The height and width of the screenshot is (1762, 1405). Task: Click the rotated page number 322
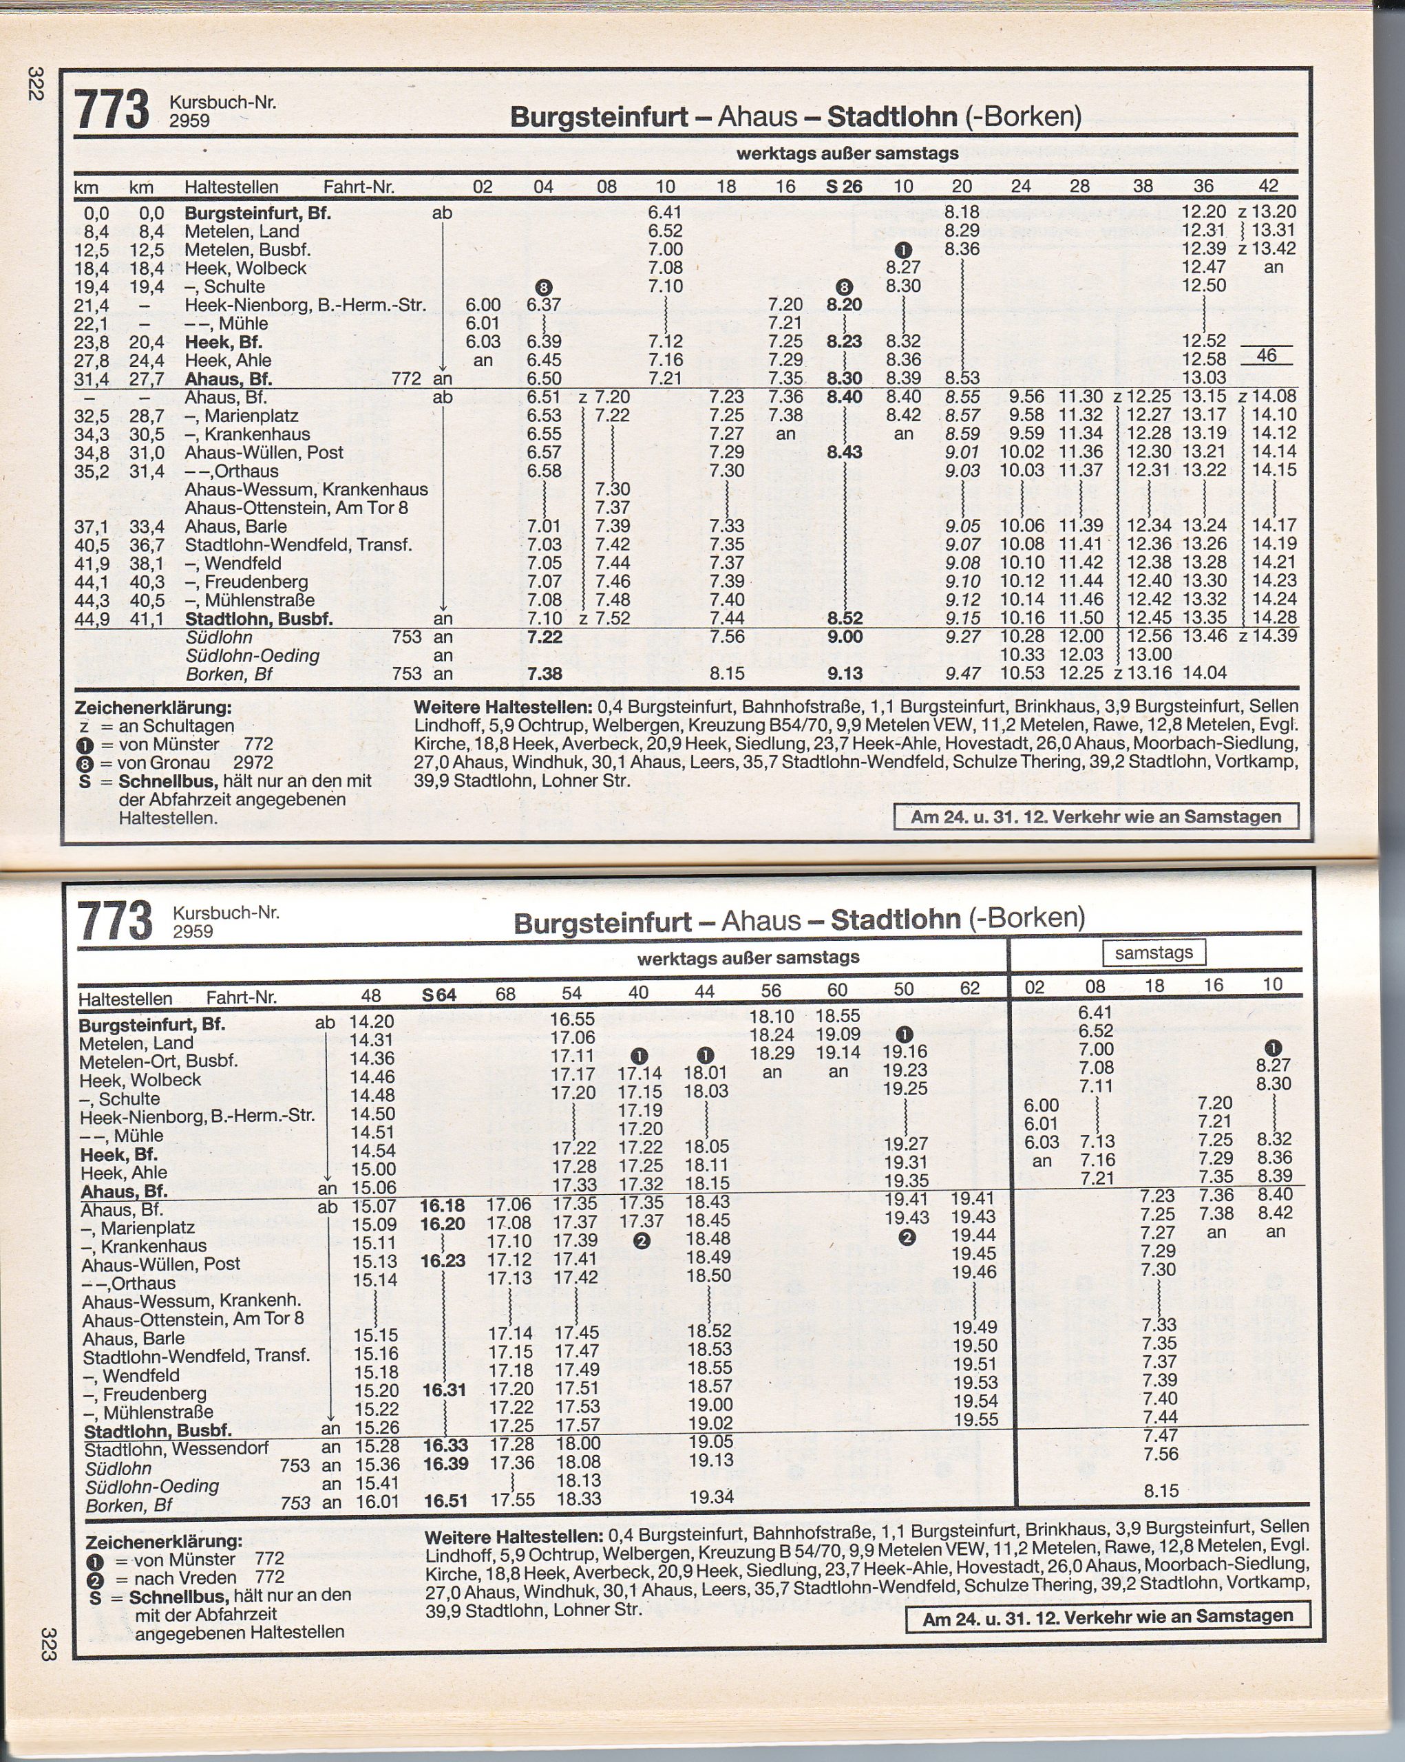[34, 84]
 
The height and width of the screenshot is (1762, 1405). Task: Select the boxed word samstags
[1153, 952]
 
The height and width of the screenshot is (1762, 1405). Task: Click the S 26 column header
[843, 187]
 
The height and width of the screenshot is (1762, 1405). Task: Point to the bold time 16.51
[445, 1500]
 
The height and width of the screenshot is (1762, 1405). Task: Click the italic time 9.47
[961, 675]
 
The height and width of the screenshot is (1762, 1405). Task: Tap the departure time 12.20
[1203, 213]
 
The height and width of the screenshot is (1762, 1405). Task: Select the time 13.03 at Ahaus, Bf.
[1203, 379]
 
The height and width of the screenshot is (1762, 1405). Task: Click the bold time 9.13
[844, 675]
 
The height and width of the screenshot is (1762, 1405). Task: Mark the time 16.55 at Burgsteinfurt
[571, 1019]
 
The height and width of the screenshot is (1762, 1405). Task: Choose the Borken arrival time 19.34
[710, 1497]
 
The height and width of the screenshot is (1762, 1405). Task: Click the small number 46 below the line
[1266, 356]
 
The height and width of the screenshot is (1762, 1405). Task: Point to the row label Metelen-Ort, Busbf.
[158, 1061]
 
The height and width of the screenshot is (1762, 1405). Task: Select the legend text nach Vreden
[173, 1578]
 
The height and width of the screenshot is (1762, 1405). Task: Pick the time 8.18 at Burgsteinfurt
[961, 213]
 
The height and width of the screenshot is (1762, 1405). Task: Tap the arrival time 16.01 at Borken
[377, 1502]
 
